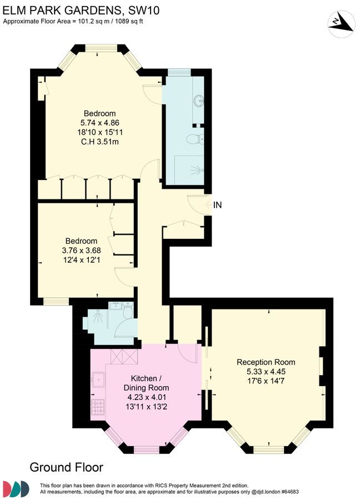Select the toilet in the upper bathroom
(x=196, y=138)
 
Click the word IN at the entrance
(x=218, y=205)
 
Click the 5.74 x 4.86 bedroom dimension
(x=100, y=123)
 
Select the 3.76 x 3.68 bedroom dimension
(x=81, y=250)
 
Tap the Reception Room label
(x=266, y=362)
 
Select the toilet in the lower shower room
(x=127, y=314)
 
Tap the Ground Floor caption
(x=66, y=467)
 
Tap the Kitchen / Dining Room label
(x=146, y=383)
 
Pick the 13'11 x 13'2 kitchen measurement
(x=146, y=406)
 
